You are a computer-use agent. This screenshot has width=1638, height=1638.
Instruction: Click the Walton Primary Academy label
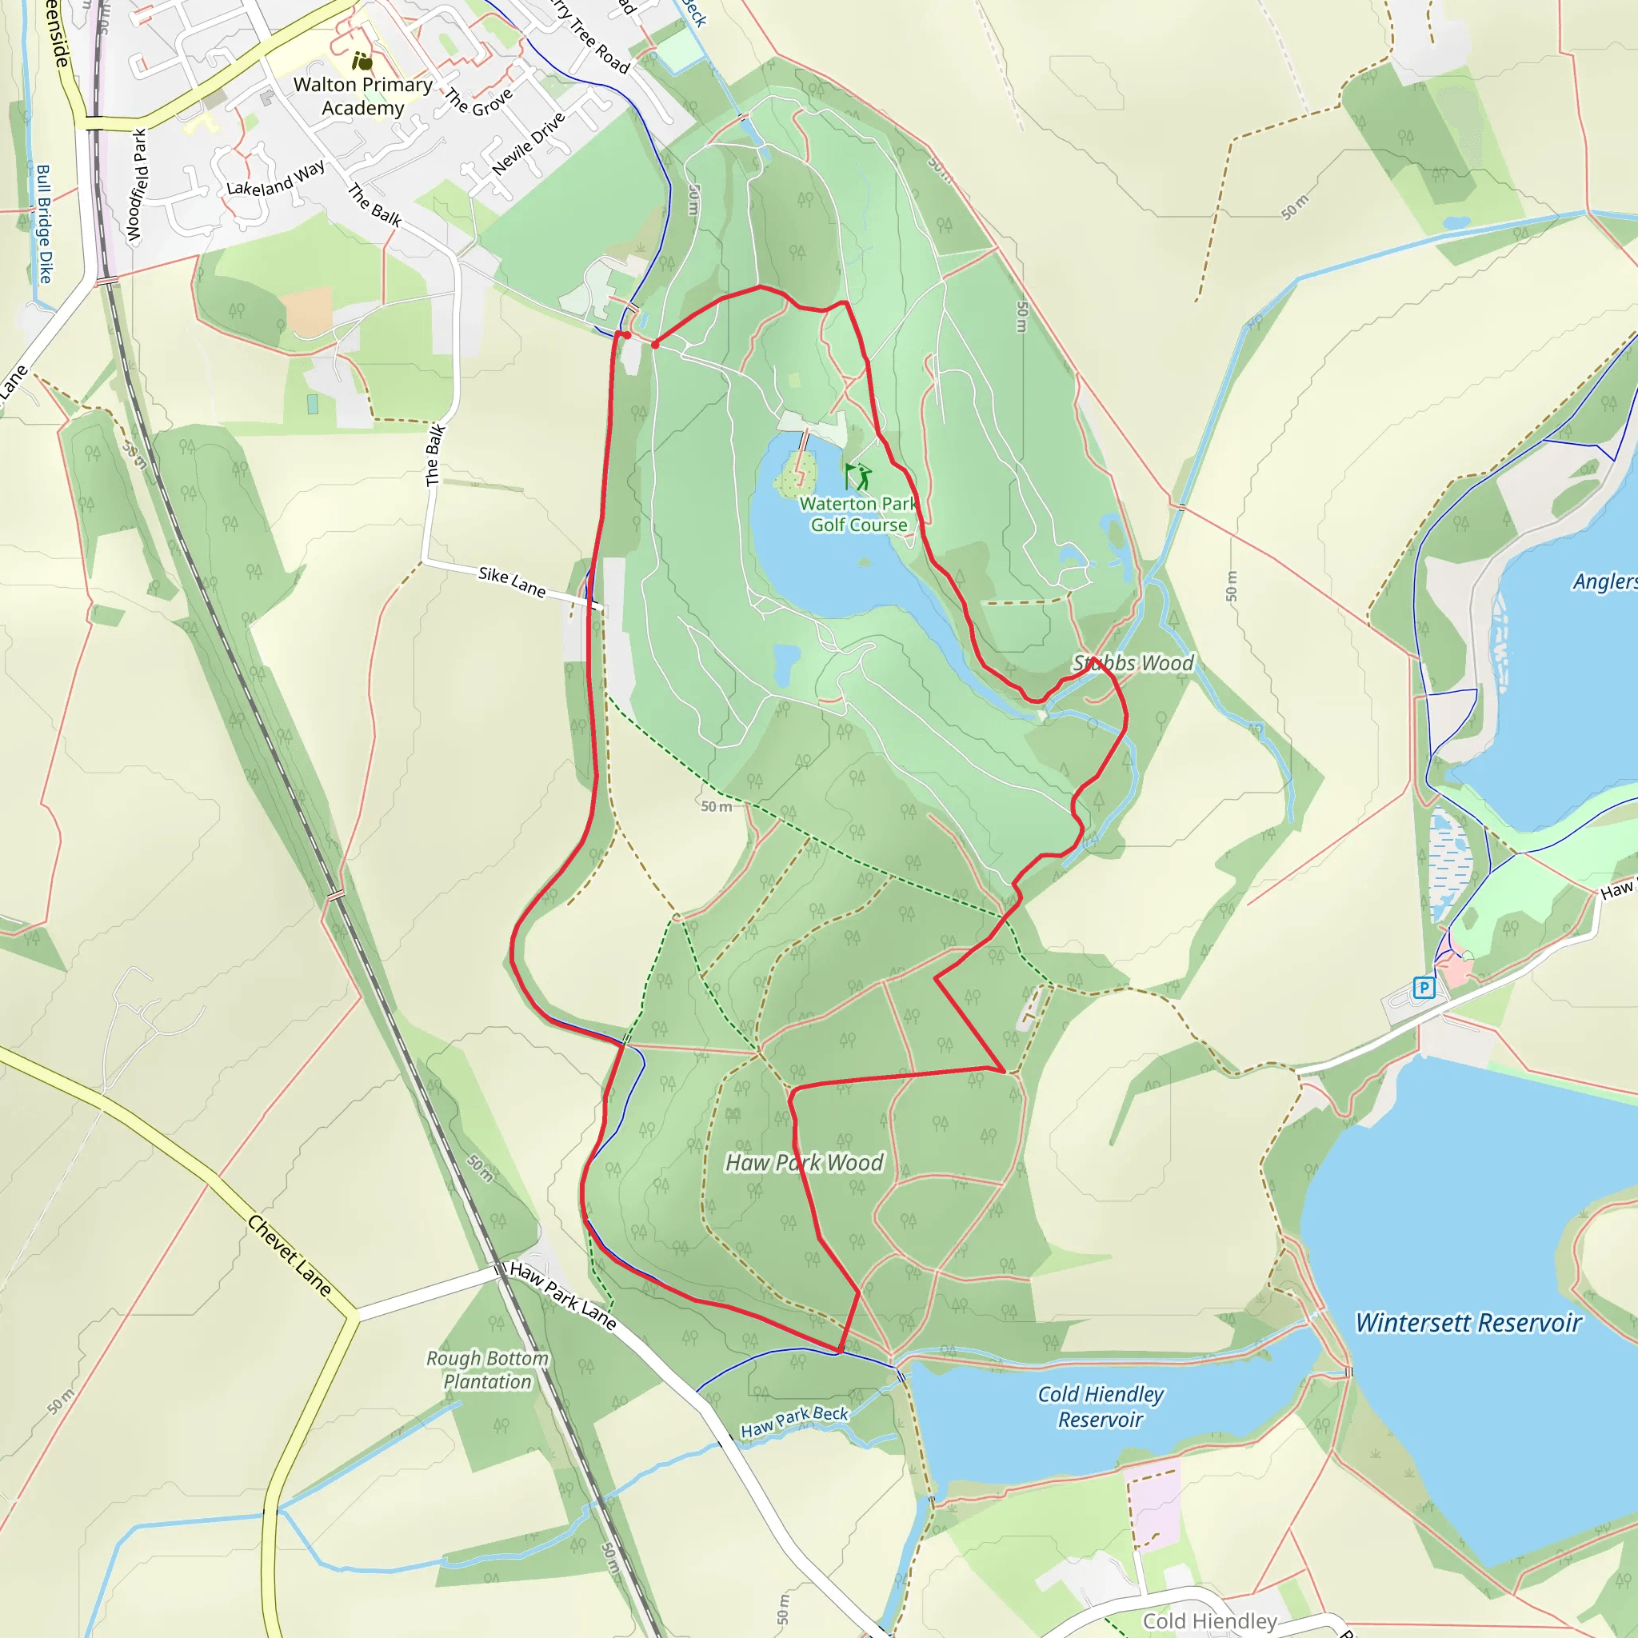tap(363, 96)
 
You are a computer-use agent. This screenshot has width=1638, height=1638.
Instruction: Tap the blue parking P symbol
tap(1424, 988)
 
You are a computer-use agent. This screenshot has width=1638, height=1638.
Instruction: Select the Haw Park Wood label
tap(804, 1162)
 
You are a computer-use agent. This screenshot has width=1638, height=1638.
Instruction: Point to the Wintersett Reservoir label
tap(1468, 1323)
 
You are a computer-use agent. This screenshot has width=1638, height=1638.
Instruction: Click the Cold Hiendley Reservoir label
tap(1101, 1407)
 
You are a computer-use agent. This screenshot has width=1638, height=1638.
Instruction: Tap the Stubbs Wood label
tap(1133, 663)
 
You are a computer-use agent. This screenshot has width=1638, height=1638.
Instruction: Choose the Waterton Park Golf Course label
tap(858, 514)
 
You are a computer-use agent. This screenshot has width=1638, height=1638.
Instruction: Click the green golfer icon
tap(858, 476)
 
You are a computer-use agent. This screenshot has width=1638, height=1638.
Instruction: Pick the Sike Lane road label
tap(512, 581)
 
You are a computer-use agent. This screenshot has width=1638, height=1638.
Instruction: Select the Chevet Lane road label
tap(289, 1256)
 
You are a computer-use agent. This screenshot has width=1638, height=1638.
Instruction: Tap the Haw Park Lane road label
tap(563, 1295)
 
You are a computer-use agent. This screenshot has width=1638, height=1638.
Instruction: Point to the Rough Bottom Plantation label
tap(488, 1369)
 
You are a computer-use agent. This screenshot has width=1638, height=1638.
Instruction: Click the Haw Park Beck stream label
tap(794, 1422)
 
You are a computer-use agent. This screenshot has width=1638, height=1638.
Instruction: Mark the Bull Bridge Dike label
tap(44, 224)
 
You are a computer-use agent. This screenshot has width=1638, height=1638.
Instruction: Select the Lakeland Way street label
tap(276, 178)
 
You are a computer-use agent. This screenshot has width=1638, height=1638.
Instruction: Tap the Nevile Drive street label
tap(528, 143)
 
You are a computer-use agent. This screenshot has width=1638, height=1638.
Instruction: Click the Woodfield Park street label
tap(138, 185)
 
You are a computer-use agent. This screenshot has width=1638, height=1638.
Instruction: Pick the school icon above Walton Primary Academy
tap(362, 61)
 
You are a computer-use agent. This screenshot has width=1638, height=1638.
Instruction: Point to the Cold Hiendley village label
tap(1210, 1621)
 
